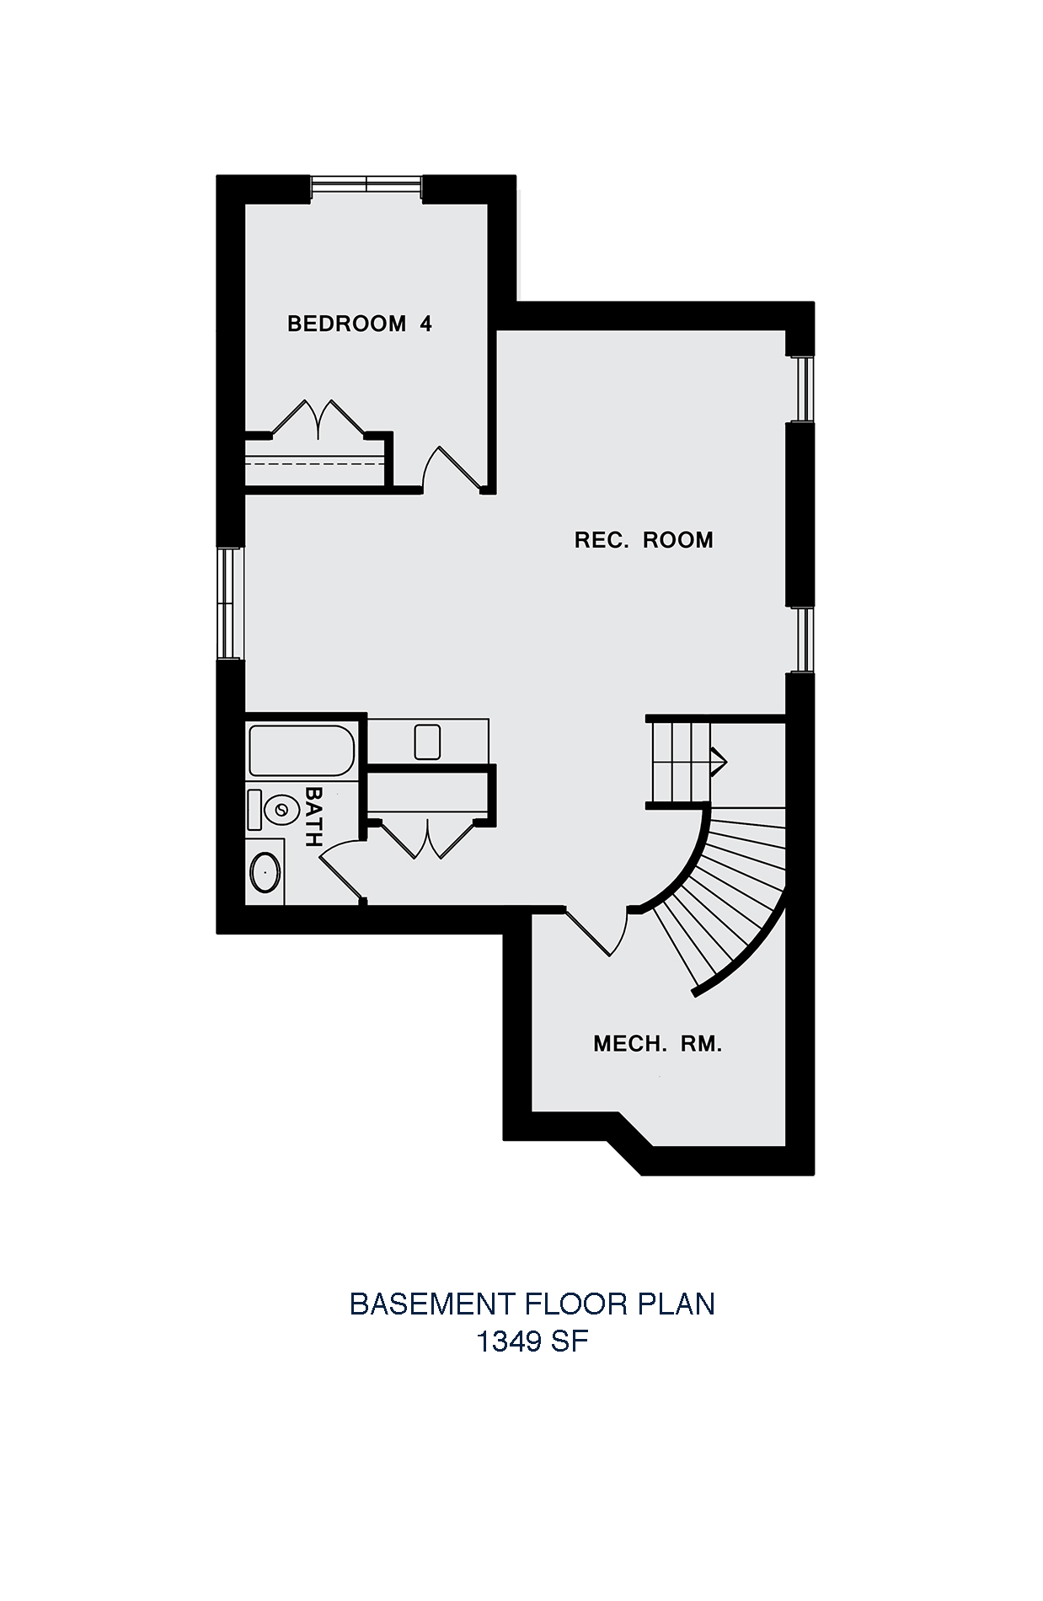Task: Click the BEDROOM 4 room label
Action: [x=360, y=324]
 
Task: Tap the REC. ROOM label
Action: [x=644, y=540]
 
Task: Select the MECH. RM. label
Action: [x=658, y=1045]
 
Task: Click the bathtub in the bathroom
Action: [x=301, y=750]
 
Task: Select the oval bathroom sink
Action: [x=265, y=873]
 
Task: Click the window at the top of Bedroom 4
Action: [x=366, y=185]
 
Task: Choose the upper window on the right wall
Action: [x=803, y=388]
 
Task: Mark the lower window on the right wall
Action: [x=803, y=639]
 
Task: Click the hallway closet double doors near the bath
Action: [x=430, y=839]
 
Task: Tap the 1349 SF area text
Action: [x=532, y=1341]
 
